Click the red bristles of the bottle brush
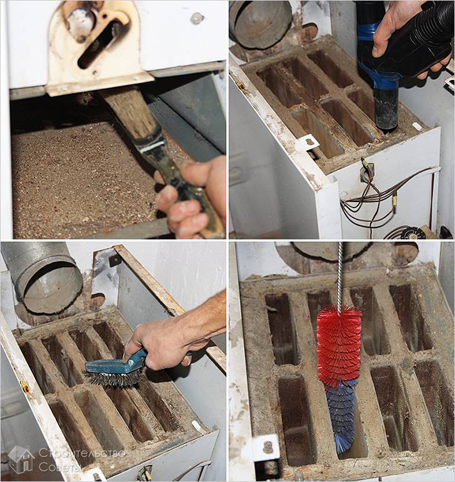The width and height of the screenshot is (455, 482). coord(339,346)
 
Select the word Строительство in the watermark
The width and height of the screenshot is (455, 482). coord(82,453)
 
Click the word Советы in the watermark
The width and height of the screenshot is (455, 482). coord(60,466)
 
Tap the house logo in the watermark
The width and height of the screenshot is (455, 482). coord(21,459)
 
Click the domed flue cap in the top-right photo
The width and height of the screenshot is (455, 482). coord(261,24)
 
